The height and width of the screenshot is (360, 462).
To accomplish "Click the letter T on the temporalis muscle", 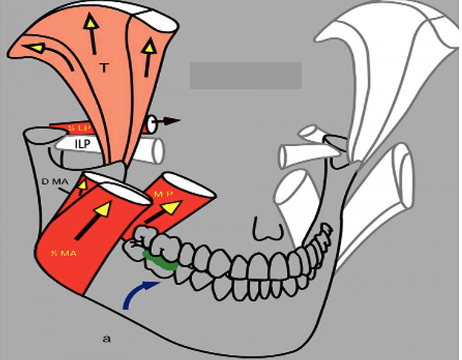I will tap(104, 68).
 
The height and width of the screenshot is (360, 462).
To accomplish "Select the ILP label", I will tap(82, 144).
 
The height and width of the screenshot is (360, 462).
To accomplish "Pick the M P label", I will tap(163, 194).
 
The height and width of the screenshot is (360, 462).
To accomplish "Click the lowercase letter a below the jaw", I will tap(107, 339).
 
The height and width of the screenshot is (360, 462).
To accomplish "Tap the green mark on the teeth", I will tap(159, 260).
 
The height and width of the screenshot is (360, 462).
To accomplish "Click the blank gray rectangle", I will tap(245, 76).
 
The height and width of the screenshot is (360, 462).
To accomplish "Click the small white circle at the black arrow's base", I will tap(152, 122).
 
